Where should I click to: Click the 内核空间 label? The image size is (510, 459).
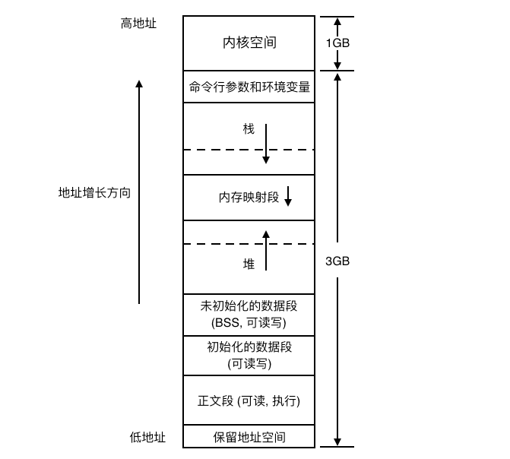coord(249,43)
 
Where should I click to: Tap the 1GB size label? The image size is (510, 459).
coord(337,43)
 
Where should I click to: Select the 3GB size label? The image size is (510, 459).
coord(337,261)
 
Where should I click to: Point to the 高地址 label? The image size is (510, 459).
coord(138,24)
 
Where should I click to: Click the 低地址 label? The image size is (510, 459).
coord(147,437)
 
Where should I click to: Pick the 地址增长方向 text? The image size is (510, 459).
coord(94,192)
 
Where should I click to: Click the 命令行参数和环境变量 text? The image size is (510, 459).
coord(249,87)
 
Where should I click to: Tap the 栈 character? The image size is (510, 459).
coord(249,129)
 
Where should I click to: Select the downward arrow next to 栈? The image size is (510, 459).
coord(266,144)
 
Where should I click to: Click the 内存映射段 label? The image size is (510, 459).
coord(249,197)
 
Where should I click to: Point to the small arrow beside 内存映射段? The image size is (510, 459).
coord(288,196)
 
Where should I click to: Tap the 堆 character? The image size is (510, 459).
coord(249,264)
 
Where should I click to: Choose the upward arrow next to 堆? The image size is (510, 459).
coord(266,251)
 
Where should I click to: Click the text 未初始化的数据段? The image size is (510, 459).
coord(249,306)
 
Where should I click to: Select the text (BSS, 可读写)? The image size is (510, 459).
coord(249,323)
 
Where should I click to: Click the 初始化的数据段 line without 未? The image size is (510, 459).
coord(249,347)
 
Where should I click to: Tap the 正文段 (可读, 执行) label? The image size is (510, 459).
coord(249,400)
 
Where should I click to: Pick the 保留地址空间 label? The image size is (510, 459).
coord(249,437)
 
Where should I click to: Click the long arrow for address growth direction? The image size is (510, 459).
coord(139,192)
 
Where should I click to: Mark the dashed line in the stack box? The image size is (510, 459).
coord(249,150)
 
